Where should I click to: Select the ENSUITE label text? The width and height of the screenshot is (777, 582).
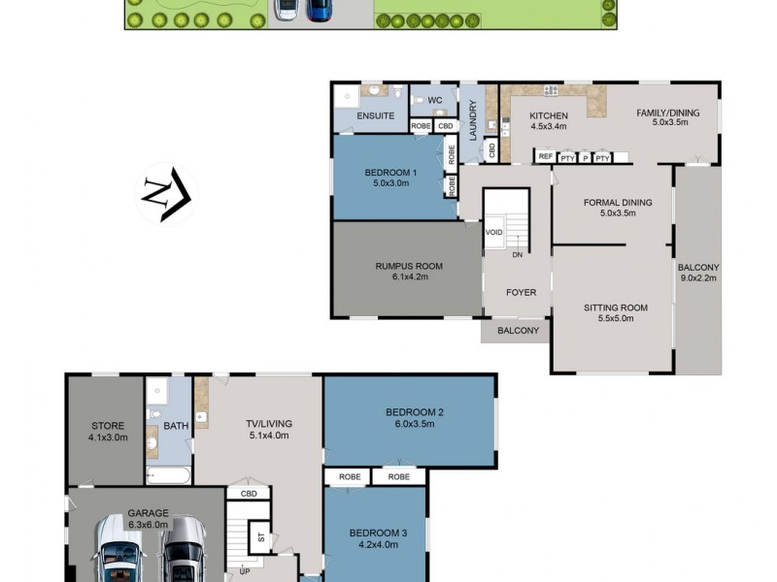click(375, 115)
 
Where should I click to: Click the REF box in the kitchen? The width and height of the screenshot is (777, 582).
click(545, 157)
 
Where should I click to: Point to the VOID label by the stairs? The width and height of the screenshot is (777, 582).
click(493, 233)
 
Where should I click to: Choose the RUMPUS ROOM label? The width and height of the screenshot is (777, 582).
click(408, 266)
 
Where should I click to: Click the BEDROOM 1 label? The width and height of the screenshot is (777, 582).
click(390, 173)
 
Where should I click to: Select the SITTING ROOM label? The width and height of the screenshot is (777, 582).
click(615, 307)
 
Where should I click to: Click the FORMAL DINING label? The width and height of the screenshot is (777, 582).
click(617, 203)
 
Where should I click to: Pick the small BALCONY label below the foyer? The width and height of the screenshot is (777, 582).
click(517, 331)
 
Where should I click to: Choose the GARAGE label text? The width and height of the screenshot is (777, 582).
click(148, 513)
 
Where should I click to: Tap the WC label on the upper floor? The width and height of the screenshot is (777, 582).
click(434, 100)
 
